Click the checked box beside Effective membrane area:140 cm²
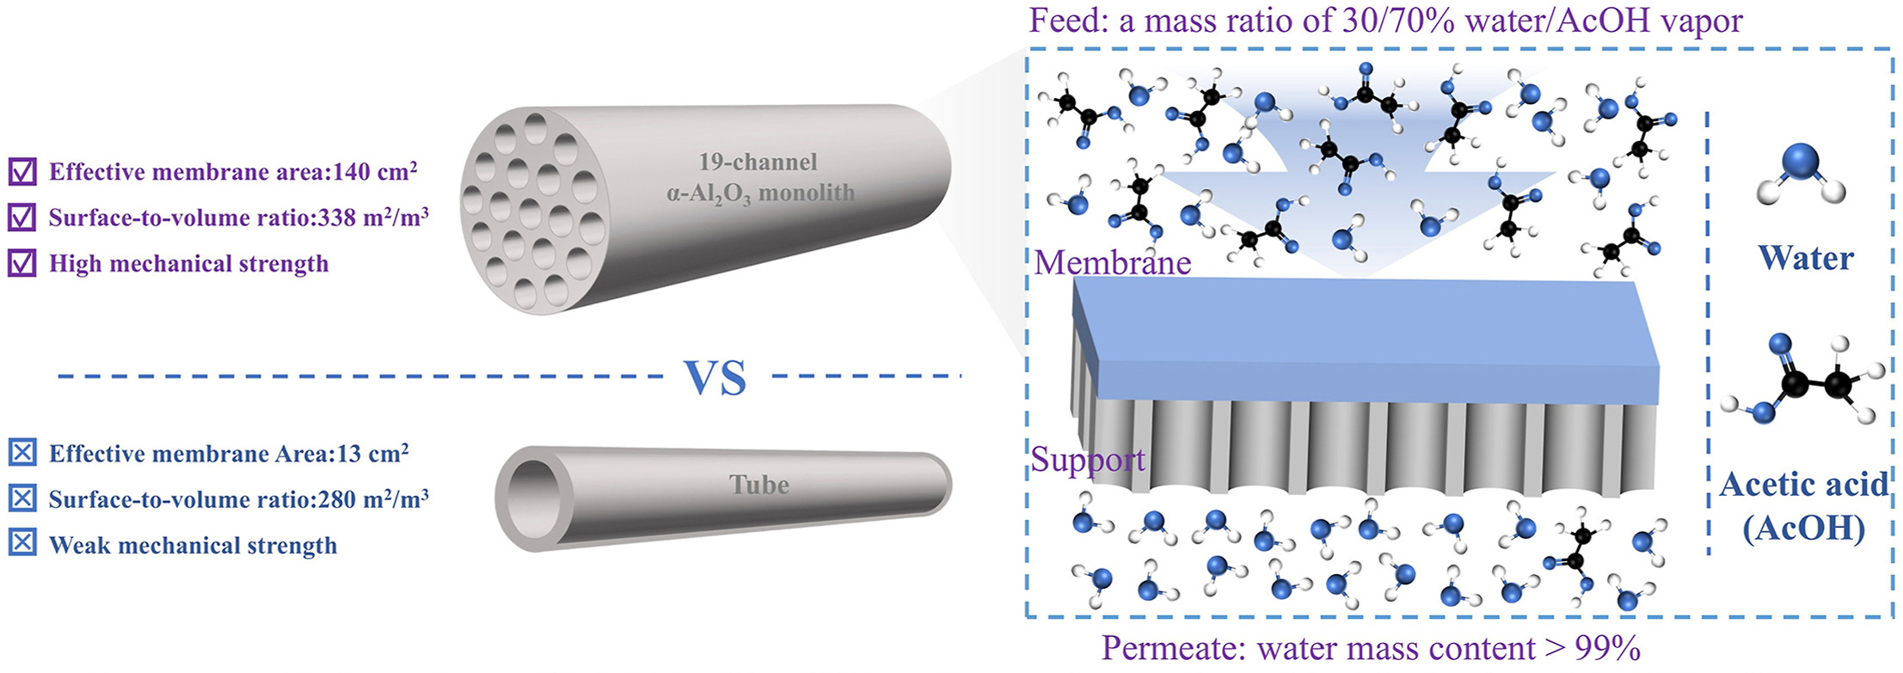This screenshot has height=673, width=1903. [x=21, y=172]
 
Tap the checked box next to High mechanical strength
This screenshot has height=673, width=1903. [x=21, y=263]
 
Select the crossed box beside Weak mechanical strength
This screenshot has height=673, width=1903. [x=21, y=544]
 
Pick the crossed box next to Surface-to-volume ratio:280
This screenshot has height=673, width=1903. [x=21, y=499]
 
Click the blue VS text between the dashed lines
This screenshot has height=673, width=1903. [x=715, y=377]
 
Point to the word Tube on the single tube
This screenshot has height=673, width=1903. [x=758, y=485]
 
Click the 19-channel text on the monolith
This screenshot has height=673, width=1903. [x=758, y=162]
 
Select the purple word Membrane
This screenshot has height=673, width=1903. [x=1112, y=262]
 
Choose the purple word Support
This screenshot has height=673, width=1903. [x=1088, y=460]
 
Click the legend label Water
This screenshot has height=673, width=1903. [x=1805, y=258]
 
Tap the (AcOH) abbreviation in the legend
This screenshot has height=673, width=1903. [x=1803, y=527]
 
